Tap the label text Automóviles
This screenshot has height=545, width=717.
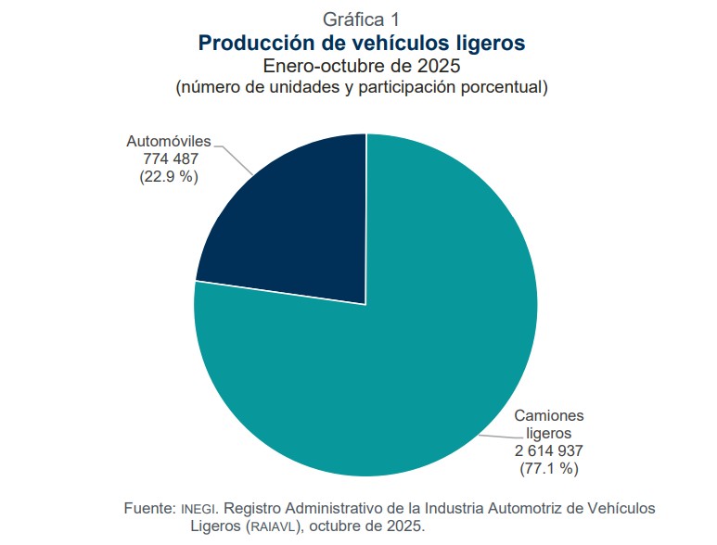(x=169, y=142)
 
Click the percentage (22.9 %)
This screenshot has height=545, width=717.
(x=169, y=176)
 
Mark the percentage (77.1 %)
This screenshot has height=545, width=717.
(x=549, y=468)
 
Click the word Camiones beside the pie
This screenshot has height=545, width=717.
(x=549, y=415)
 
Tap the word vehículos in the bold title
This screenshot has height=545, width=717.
(x=409, y=43)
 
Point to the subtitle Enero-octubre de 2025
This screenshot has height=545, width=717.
(x=362, y=66)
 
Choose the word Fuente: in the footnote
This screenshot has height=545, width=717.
(x=149, y=509)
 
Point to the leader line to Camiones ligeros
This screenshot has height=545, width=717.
(x=496, y=432)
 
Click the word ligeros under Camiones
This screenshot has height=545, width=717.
(x=549, y=433)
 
